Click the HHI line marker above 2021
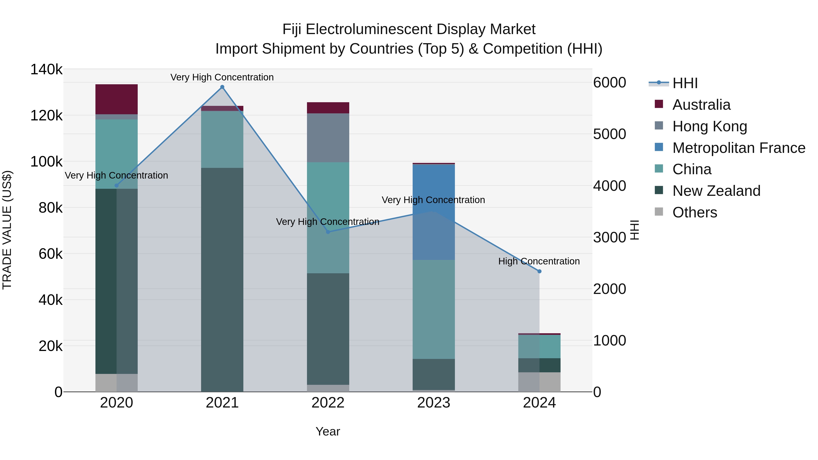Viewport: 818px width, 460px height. [222, 87]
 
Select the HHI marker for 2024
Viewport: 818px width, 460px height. [539, 271]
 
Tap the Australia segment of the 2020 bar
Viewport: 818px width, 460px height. [117, 99]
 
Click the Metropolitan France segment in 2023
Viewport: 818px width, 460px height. [434, 212]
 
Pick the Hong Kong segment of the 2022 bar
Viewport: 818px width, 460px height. [328, 138]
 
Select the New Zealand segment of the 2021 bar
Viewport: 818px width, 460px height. [222, 279]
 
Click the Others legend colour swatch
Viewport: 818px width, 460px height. [659, 212]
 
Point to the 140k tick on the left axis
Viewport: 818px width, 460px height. [46, 70]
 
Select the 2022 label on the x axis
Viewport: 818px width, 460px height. [328, 403]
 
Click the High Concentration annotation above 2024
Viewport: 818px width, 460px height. [539, 261]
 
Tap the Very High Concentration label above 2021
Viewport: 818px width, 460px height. [222, 77]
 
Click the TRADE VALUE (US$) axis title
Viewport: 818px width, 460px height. [7, 230]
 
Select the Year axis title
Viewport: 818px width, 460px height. [328, 431]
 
